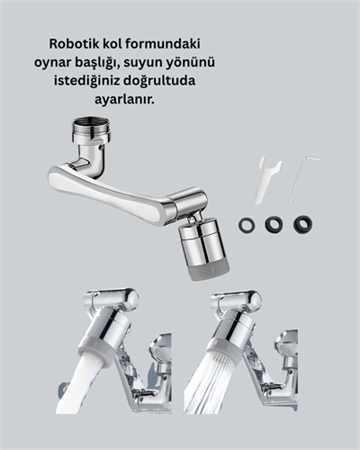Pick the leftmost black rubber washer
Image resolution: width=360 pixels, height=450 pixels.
(247, 224)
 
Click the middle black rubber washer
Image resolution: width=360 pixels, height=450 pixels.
(274, 224)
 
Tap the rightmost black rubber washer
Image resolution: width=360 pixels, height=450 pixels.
(302, 223)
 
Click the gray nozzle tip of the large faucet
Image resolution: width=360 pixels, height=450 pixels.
(197, 270)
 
